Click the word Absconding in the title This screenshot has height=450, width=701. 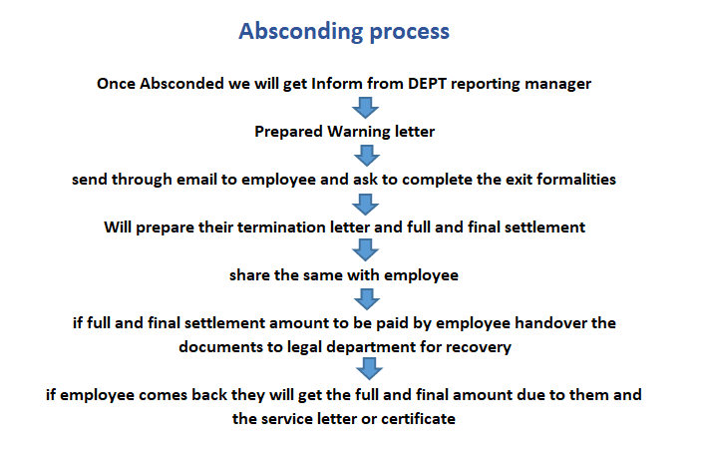click(301, 32)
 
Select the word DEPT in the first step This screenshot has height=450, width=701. click(427, 84)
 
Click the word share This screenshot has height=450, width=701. click(249, 274)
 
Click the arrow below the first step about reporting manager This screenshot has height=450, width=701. click(365, 108)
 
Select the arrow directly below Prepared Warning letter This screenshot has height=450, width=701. click(367, 156)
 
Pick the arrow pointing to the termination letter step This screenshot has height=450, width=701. click(365, 205)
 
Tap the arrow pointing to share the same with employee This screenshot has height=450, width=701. click(365, 250)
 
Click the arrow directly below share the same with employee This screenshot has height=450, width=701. click(367, 299)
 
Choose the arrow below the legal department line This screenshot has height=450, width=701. click(369, 368)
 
